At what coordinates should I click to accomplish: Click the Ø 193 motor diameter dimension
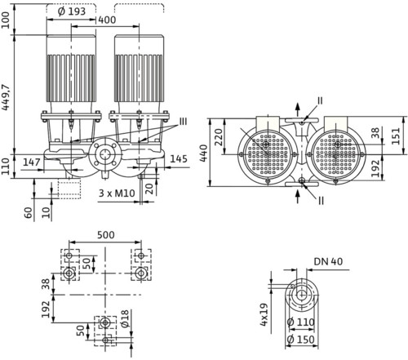[x=72, y=11]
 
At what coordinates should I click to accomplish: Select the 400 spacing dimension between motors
[x=107, y=20]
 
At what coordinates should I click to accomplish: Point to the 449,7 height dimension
[x=6, y=97]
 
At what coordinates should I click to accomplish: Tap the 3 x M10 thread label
[x=117, y=193]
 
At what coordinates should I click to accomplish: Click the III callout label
[x=183, y=122]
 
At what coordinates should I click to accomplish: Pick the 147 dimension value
[x=32, y=162]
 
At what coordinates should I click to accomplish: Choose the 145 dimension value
[x=179, y=159]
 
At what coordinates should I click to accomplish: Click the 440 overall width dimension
[x=204, y=153]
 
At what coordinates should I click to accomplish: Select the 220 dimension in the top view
[x=218, y=137]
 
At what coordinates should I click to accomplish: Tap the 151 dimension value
[x=397, y=136]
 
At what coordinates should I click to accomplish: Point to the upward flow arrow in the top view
[x=298, y=109]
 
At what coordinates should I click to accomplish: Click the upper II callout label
[x=320, y=100]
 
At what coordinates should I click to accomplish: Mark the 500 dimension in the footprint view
[x=106, y=234]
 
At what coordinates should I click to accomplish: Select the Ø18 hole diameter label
[x=125, y=318]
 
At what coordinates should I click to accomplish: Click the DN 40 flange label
[x=328, y=261]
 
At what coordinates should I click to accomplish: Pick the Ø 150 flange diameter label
[x=301, y=340]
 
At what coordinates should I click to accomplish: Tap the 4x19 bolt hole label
[x=264, y=314]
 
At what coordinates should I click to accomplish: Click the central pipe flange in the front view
[x=104, y=154]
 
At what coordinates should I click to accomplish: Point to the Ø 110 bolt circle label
[x=301, y=322]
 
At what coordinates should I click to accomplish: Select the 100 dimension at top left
[x=6, y=20]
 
